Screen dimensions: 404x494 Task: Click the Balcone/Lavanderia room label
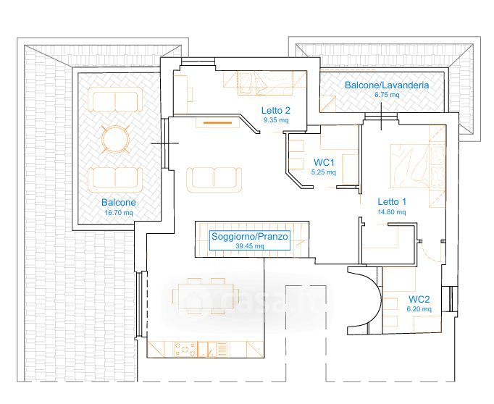pyautogui.click(x=386, y=85)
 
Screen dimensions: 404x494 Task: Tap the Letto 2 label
pyautogui.click(x=275, y=111)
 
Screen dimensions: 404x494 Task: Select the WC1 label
pyautogui.click(x=323, y=162)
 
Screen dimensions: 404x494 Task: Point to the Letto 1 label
pyautogui.click(x=391, y=202)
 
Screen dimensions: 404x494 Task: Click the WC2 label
pyautogui.click(x=419, y=299)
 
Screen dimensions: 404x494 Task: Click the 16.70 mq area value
pyautogui.click(x=119, y=213)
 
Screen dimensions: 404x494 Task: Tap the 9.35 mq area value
pyautogui.click(x=275, y=120)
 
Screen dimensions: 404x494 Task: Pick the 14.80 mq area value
pyautogui.click(x=391, y=212)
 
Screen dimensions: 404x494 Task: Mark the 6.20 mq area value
pyautogui.click(x=419, y=309)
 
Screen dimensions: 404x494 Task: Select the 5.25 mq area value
pyautogui.click(x=323, y=172)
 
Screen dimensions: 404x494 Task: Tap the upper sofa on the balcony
pyautogui.click(x=114, y=99)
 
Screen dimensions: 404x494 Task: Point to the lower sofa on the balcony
pyautogui.click(x=114, y=177)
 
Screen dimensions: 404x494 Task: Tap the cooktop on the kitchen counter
pyautogui.click(x=185, y=350)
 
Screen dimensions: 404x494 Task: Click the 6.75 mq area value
pyautogui.click(x=386, y=94)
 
